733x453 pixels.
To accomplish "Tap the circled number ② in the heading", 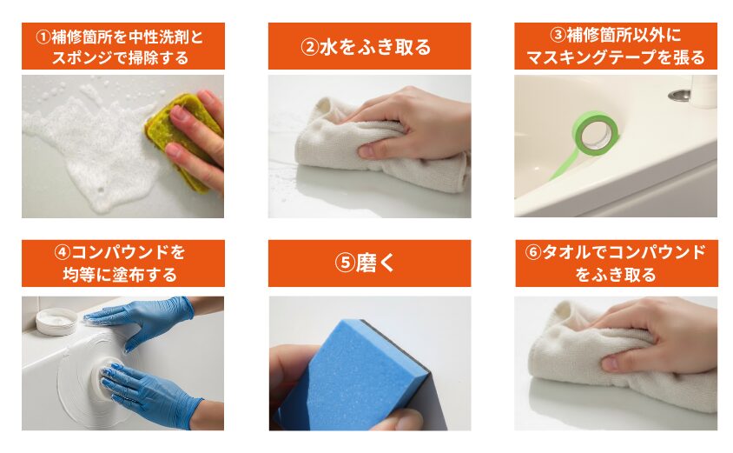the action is [309, 47].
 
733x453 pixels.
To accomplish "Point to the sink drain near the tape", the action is [679, 95].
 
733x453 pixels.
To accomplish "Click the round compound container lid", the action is [56, 321].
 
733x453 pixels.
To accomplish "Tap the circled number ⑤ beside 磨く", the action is [345, 263].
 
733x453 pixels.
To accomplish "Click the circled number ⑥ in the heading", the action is [533, 252].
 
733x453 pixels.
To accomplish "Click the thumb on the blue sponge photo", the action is [398, 419].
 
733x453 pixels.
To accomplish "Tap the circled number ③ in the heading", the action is [558, 35].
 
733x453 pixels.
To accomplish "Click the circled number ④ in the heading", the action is [63, 253].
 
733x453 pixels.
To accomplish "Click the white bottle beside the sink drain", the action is [703, 91].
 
